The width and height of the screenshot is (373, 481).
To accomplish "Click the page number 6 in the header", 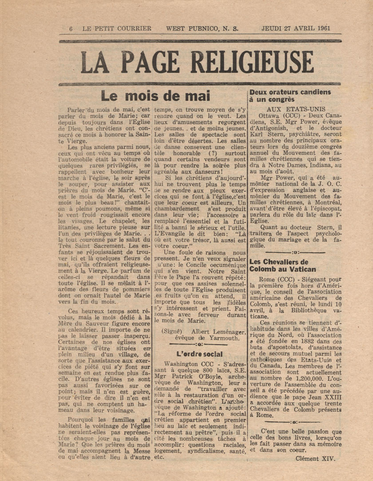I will (x=71, y=28).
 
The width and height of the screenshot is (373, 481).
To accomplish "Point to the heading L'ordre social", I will (x=200, y=354).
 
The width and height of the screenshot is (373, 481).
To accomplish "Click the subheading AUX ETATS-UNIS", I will (x=296, y=109).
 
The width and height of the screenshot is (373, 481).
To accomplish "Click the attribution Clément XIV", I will (x=315, y=459).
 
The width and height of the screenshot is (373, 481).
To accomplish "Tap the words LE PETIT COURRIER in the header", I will (x=117, y=28).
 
